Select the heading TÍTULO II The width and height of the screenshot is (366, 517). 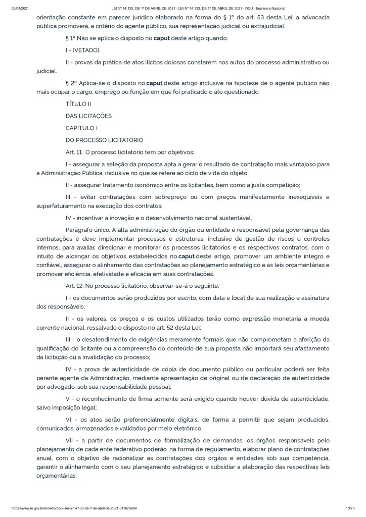point(78,104)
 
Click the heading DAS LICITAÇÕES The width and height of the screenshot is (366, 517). point(89,116)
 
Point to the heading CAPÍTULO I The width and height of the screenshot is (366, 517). point(81,128)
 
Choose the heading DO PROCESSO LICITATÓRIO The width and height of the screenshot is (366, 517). point(105,140)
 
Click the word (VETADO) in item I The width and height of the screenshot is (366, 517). point(87,49)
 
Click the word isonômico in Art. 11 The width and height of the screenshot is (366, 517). point(167,184)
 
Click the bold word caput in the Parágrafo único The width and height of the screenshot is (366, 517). point(179,256)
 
